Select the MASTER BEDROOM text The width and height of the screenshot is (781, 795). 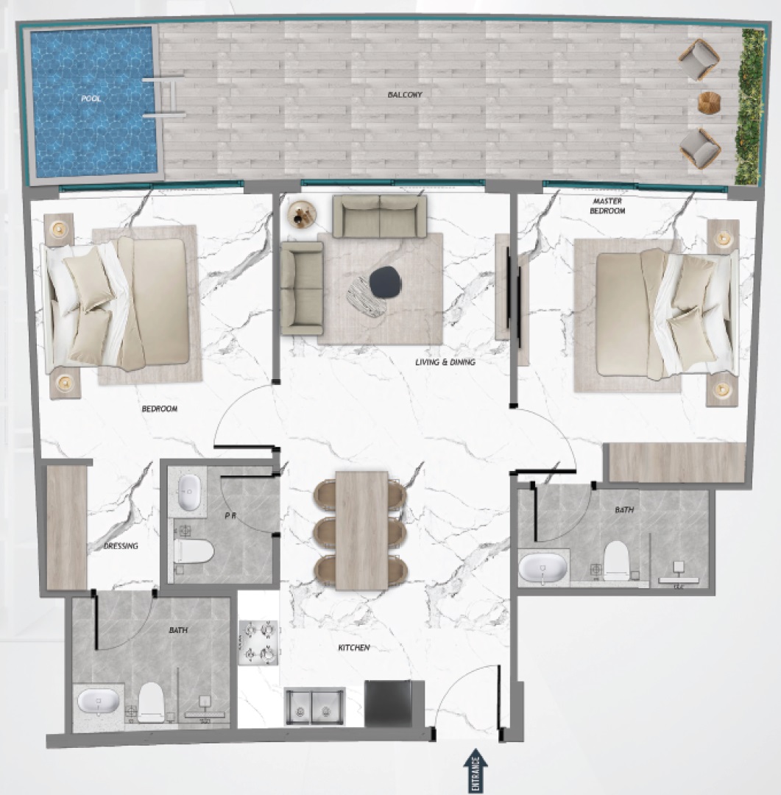(607, 205)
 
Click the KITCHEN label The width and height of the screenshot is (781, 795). (353, 648)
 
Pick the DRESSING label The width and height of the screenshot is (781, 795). (121, 546)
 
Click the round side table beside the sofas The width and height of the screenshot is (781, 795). (303, 215)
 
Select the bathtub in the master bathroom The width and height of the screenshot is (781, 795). (543, 568)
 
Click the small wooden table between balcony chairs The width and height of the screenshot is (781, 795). (709, 103)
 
